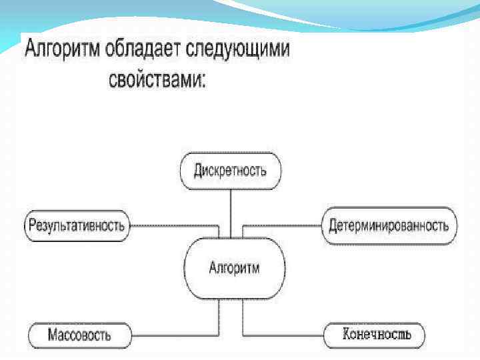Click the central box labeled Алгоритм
[234, 269]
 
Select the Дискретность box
[231, 170]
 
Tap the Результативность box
[77, 225]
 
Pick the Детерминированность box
[389, 225]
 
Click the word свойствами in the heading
[154, 81]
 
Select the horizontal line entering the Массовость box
[173, 332]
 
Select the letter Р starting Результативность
[32, 225]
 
